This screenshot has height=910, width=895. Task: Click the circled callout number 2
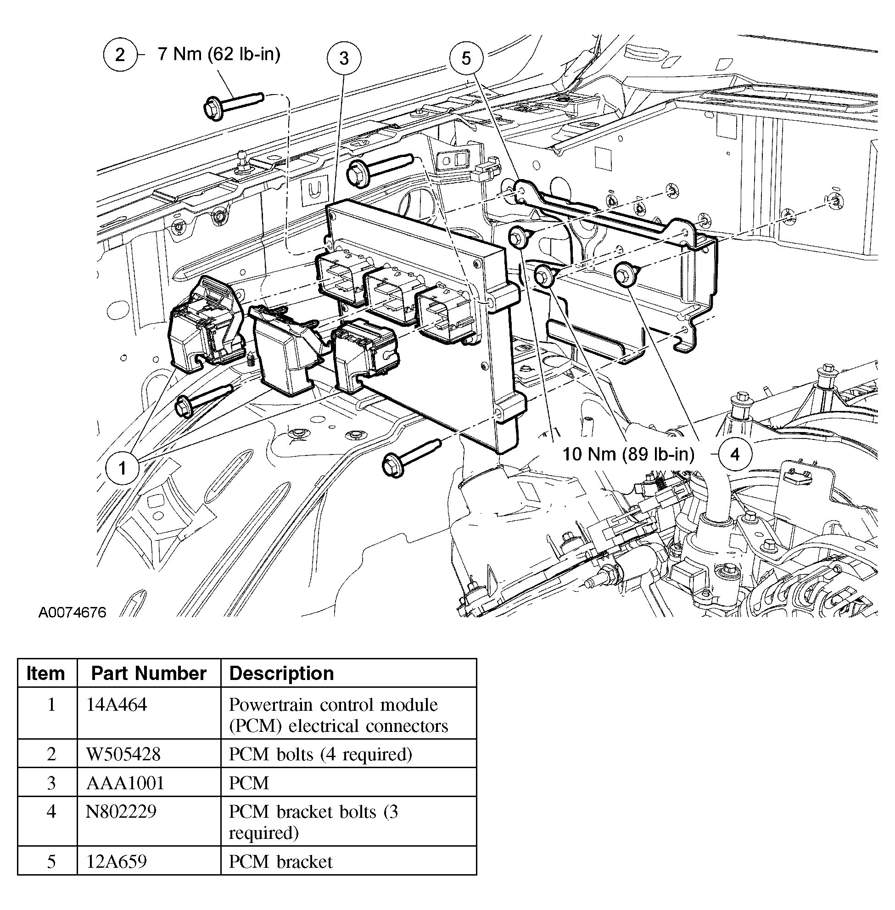120,55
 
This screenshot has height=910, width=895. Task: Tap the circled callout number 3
344,58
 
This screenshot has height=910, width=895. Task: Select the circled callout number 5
466,58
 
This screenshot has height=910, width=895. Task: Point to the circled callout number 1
122,468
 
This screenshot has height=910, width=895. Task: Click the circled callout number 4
735,454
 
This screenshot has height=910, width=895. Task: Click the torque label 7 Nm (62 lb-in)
219,55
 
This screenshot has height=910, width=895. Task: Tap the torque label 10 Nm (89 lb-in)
628,454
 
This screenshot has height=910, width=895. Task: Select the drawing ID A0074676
73,612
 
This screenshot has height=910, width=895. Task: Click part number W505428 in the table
123,754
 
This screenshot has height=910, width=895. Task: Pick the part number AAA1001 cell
125,783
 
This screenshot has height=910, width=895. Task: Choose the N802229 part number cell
121,812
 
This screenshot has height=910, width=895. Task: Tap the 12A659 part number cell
117,861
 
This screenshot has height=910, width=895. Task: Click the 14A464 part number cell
117,704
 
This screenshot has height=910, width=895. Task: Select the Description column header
281,674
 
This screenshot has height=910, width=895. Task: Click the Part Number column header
149,674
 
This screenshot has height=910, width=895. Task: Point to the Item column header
45,674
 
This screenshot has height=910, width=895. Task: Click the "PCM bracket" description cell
280,861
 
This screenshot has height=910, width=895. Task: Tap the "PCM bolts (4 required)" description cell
320,754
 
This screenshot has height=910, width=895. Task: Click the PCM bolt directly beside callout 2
233,103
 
